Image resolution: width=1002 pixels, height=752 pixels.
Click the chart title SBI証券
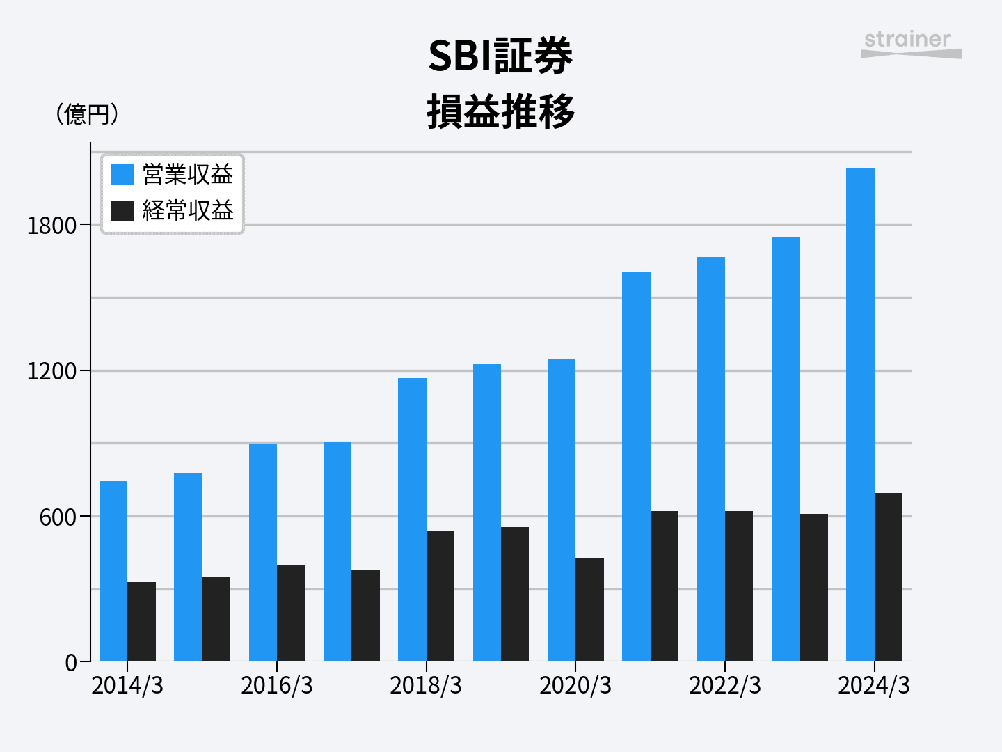coord(500,56)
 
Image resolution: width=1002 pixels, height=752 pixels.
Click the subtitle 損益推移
coord(500,111)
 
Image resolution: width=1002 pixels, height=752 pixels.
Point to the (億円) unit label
coord(87,113)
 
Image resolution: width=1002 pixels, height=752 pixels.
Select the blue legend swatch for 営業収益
coord(122,175)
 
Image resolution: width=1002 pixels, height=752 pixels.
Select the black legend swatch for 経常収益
coord(122,210)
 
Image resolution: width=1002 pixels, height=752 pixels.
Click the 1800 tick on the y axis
coord(51,226)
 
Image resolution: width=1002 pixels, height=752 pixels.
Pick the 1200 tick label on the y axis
coord(51,371)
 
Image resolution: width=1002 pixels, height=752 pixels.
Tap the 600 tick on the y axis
coord(58,517)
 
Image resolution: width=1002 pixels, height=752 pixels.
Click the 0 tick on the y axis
coord(71,663)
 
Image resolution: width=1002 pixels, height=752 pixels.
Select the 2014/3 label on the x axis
coord(127,686)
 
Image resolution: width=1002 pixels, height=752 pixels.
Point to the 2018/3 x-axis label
coord(426,686)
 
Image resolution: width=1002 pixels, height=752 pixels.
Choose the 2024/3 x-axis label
coord(874,686)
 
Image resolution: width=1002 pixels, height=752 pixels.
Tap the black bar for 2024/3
coord(889,577)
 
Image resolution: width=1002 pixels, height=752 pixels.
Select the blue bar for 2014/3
coord(113,571)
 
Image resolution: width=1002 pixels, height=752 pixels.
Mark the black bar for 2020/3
coord(589,610)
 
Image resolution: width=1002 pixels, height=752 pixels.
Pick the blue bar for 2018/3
coord(412,519)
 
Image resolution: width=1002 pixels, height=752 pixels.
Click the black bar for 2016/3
coord(291,613)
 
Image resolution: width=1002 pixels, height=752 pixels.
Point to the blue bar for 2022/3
coord(710,459)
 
